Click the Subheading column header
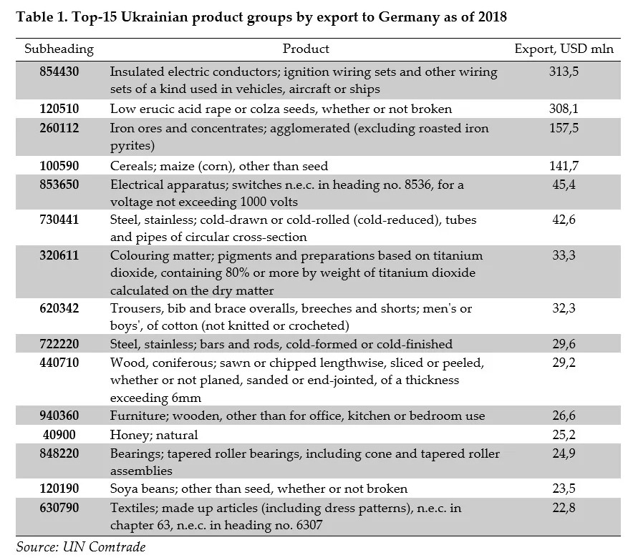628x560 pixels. (59, 49)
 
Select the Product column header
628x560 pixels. (306, 49)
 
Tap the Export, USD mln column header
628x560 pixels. (563, 49)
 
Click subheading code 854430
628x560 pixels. (59, 72)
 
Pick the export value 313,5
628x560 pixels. (563, 72)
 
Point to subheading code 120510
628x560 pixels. (59, 109)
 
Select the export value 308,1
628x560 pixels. (563, 109)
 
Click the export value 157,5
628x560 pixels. (563, 129)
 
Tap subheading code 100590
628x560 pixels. (59, 166)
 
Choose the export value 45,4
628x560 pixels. (563, 185)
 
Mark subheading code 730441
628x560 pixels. (59, 220)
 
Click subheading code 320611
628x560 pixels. (59, 256)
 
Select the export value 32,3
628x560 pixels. (563, 309)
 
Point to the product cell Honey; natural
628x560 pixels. (154, 435)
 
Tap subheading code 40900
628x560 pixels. (59, 435)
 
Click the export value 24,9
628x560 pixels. (563, 454)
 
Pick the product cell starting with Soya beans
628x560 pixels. (259, 489)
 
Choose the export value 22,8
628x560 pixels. (563, 509)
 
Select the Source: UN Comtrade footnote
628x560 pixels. (79, 547)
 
